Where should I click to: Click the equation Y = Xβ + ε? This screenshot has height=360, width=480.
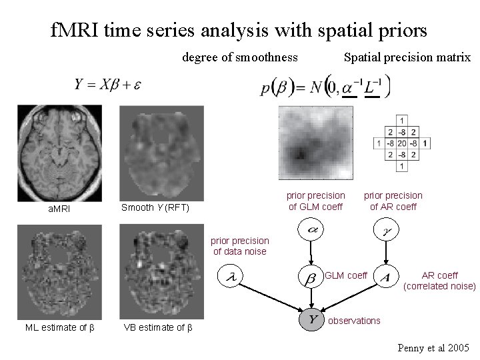pos(108,85)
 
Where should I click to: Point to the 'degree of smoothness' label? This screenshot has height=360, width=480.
pos(240,57)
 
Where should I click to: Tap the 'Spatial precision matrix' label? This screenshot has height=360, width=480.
pos(407,57)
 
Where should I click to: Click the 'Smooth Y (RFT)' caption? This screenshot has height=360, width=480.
pos(155,208)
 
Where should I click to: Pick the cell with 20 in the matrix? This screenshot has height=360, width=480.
pos(401,143)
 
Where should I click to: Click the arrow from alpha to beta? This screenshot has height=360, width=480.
pos(311,254)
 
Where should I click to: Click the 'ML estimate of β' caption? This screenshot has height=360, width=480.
pos(59,327)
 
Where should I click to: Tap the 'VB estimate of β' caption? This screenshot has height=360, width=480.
pos(159,327)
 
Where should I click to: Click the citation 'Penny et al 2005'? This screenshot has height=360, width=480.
pos(433,348)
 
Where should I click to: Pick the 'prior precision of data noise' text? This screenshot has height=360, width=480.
pos(241,246)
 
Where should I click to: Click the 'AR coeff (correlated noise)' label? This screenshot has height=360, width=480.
pos(440,281)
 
